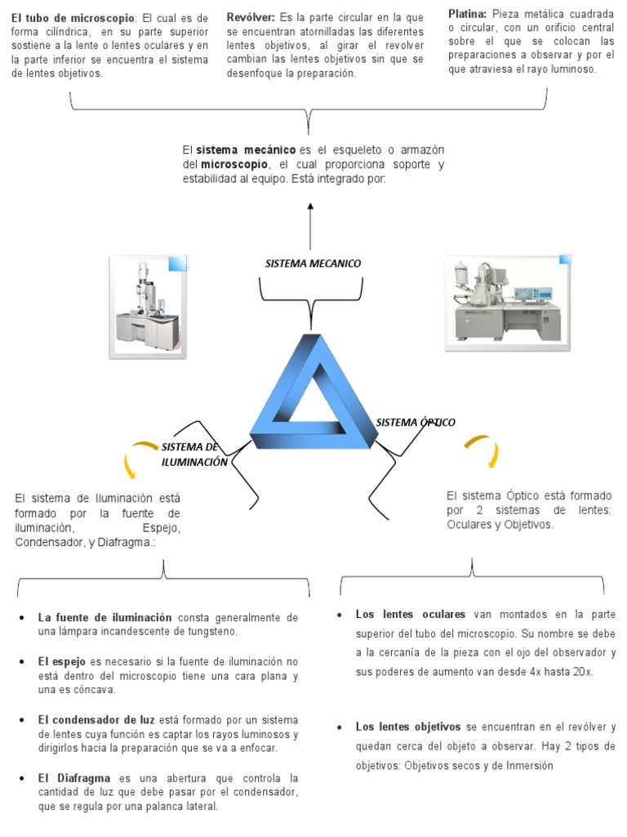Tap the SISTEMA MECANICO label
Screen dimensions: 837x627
313,263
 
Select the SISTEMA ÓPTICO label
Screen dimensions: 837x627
416,423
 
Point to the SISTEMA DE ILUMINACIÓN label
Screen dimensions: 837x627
193,454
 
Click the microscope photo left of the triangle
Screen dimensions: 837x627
148,306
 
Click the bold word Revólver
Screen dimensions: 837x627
251,17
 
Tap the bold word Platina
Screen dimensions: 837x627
468,14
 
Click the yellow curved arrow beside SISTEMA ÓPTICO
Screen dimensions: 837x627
482,450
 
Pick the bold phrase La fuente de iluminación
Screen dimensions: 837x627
104,618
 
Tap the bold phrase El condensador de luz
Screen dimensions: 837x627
96,719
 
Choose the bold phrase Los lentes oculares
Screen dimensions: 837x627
411,615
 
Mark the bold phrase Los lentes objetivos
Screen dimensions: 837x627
409,727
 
